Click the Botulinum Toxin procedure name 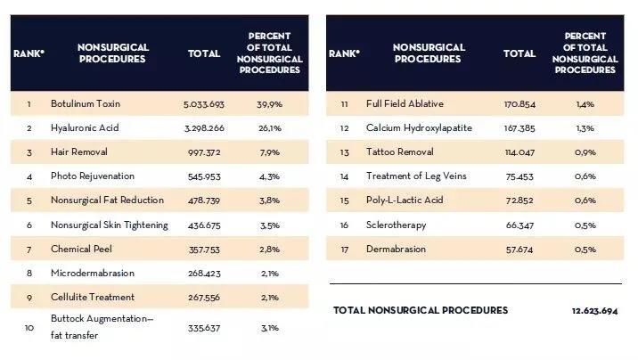(86, 103)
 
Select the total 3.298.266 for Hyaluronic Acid (204, 128)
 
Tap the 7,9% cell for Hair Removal (270, 152)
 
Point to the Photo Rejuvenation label (93, 176)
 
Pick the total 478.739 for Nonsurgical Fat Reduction (204, 200)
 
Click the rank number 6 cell (29, 225)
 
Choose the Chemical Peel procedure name (81, 249)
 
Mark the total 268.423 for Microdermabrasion (204, 274)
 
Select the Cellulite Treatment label (93, 298)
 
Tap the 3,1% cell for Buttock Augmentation (270, 328)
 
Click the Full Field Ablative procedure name (405, 103)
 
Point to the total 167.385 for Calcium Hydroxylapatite (519, 128)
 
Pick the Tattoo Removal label (400, 152)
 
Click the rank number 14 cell (344, 176)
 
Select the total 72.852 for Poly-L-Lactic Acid (519, 200)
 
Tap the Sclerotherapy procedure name (397, 225)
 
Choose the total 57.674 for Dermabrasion (519, 250)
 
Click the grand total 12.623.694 (595, 311)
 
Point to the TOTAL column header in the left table (204, 53)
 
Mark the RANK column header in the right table (344, 53)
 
